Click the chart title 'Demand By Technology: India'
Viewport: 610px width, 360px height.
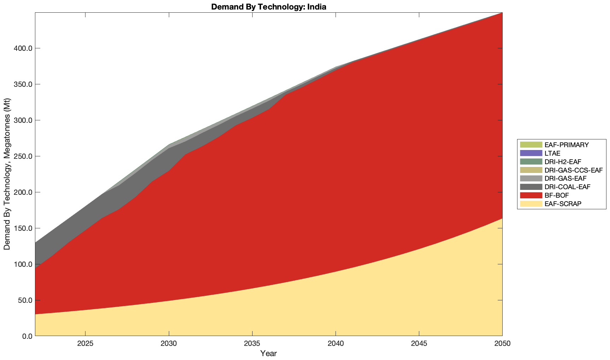click(268, 7)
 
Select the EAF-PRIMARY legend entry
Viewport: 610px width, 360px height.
click(567, 145)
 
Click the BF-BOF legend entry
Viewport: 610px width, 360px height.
click(557, 195)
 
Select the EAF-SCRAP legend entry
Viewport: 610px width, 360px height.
click(563, 204)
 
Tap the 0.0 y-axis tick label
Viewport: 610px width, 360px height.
click(27, 336)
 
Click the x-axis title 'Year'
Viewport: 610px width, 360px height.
click(268, 353)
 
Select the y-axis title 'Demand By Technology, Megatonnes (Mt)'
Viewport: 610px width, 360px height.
click(7, 174)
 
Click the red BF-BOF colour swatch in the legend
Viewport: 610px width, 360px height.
click(531, 195)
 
